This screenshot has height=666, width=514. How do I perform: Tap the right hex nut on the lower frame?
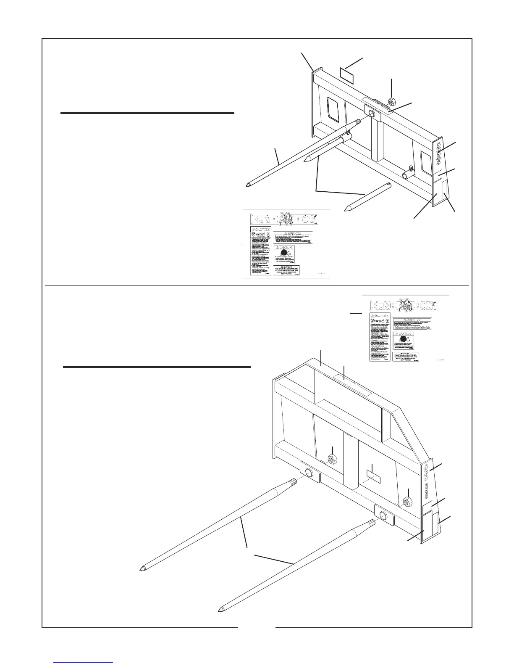[407, 501]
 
